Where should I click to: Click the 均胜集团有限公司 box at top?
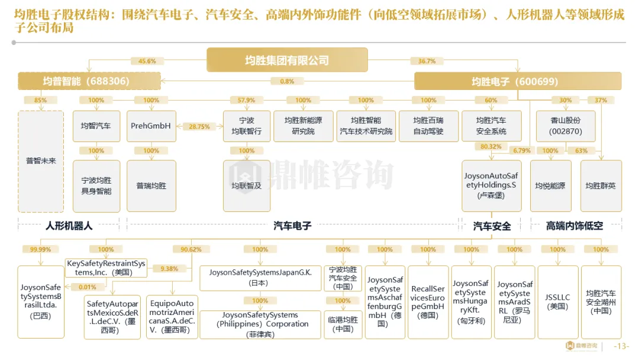pyautogui.click(x=287, y=60)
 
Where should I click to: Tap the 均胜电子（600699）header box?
pyautogui.click(x=517, y=81)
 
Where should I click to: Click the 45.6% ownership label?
pyautogui.click(x=147, y=61)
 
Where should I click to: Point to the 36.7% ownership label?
pyautogui.click(x=427, y=61)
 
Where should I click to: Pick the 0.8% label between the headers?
pyautogui.click(x=287, y=82)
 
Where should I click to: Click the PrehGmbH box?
pyautogui.click(x=151, y=126)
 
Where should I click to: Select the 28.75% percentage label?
pyautogui.click(x=199, y=127)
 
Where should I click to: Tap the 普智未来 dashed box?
pyautogui.click(x=41, y=160)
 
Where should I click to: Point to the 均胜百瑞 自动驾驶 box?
pyautogui.click(x=428, y=126)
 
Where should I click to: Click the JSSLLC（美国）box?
pyautogui.click(x=558, y=302)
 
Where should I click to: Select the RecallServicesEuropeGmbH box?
pyautogui.click(x=428, y=302)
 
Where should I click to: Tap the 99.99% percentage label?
pyautogui.click(x=41, y=249)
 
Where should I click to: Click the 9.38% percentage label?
pyautogui.click(x=169, y=269)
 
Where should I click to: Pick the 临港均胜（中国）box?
pyautogui.click(x=343, y=324)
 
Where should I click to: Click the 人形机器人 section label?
pyautogui.click(x=69, y=226)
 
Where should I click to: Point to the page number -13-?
pyautogui.click(x=622, y=346)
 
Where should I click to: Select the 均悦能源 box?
pyautogui.click(x=550, y=186)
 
